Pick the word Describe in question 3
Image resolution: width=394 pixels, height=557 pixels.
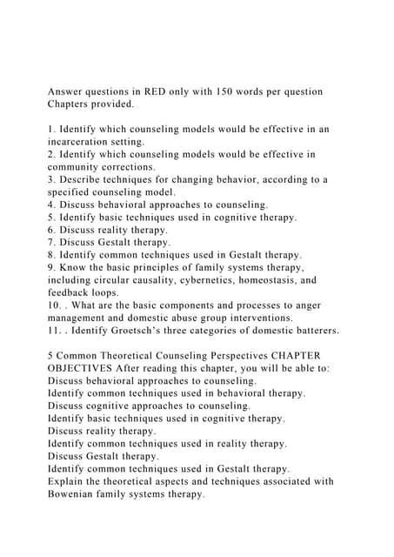pyautogui.click(x=84, y=179)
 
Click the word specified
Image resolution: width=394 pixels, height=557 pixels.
pyautogui.click(x=74, y=192)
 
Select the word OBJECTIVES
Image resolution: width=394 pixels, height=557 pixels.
pyautogui.click(x=90, y=368)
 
